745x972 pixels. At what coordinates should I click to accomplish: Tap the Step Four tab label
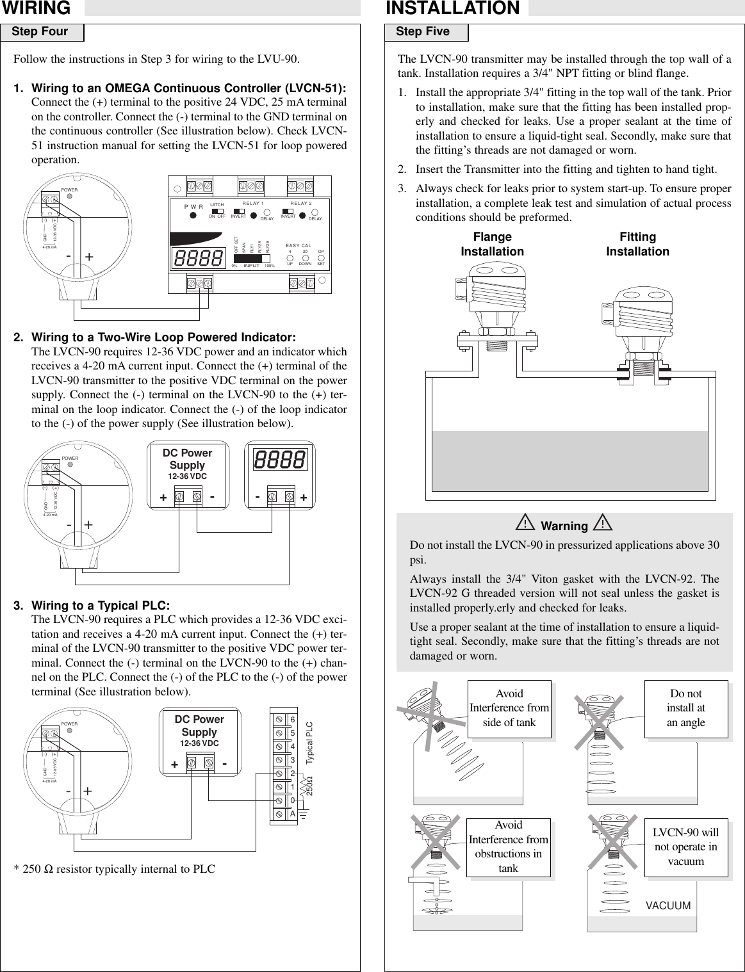[40, 32]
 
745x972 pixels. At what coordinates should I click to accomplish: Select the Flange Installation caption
[492, 245]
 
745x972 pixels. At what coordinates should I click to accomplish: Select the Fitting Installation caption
[637, 245]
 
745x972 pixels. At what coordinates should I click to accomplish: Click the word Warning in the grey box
[564, 526]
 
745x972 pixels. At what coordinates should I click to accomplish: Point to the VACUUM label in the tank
[668, 906]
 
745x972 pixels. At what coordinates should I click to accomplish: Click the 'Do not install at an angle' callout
[686, 708]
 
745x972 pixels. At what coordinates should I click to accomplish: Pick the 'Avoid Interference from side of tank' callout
[509, 708]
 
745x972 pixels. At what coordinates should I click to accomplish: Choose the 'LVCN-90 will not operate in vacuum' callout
[686, 847]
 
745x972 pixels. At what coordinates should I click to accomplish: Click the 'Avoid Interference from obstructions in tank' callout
[509, 847]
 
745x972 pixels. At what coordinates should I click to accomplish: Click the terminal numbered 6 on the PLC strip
[293, 719]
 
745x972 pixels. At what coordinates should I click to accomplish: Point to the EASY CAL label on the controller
[299, 246]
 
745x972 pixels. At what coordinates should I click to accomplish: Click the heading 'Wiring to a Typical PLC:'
[101, 606]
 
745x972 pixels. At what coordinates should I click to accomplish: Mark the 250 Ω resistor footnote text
[115, 870]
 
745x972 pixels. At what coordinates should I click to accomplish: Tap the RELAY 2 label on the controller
[300, 203]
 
